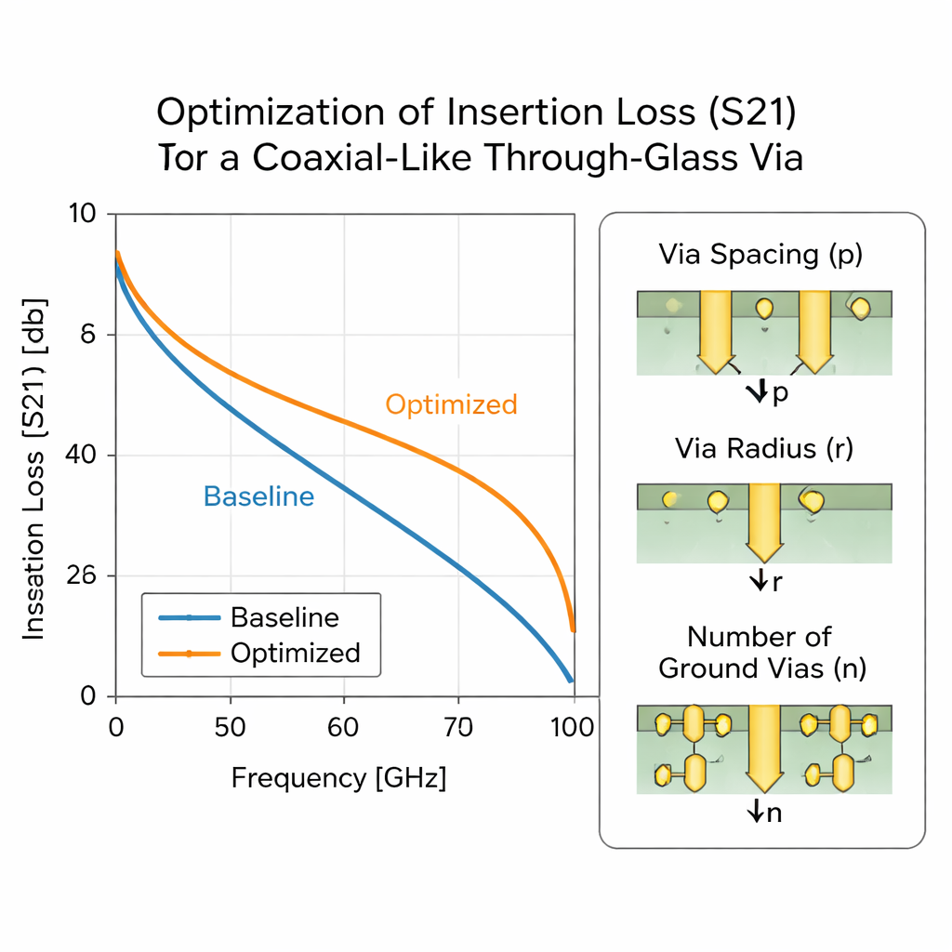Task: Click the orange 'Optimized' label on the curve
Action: (x=451, y=405)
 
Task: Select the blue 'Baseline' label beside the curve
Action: (x=258, y=496)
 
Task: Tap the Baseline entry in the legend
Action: (x=284, y=617)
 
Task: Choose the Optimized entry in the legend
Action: (x=295, y=653)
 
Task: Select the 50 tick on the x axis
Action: (x=230, y=727)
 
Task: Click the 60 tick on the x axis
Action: (x=344, y=727)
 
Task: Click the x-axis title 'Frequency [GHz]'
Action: (x=338, y=777)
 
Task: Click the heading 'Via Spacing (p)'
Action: (x=760, y=255)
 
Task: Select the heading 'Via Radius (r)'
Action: (x=763, y=449)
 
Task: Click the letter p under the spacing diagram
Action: (x=780, y=393)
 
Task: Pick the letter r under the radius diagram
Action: (x=776, y=584)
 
